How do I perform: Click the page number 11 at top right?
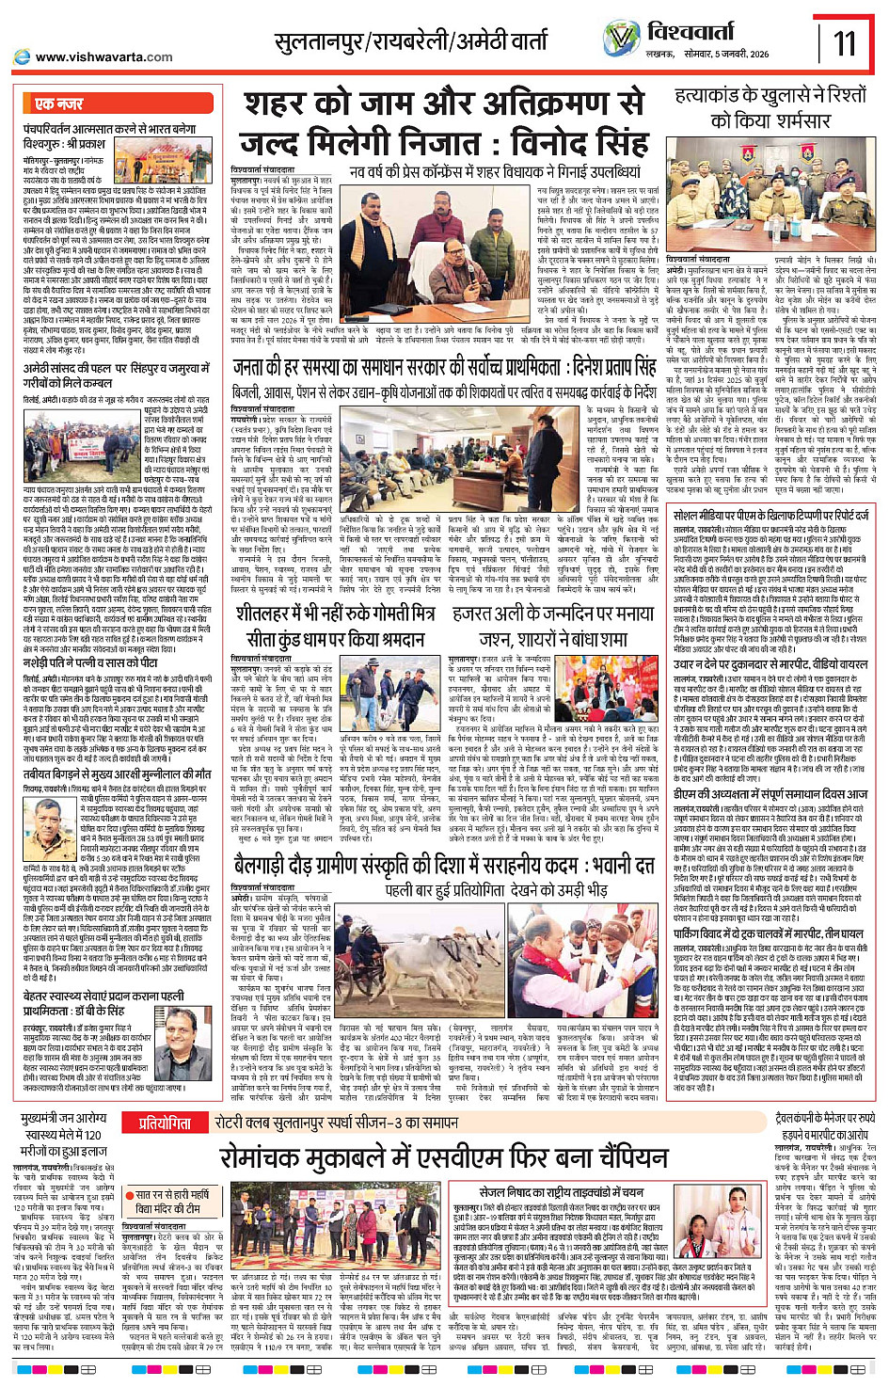click(845, 42)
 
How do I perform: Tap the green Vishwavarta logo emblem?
click(621, 40)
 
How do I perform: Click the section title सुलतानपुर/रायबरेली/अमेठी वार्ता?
click(410, 42)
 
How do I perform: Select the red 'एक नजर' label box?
click(58, 103)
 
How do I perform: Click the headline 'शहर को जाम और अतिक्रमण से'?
click(444, 104)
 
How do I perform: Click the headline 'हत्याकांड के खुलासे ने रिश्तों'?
click(770, 96)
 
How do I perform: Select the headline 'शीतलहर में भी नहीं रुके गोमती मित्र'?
click(338, 612)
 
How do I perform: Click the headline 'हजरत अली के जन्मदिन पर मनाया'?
click(553, 613)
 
